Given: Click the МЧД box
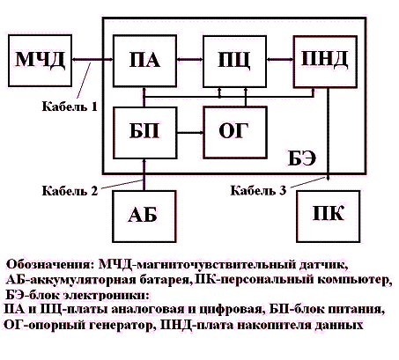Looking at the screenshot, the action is pos(40,61).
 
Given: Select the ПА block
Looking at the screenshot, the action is pos(144,61).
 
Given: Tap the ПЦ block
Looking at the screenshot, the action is pos(234,62).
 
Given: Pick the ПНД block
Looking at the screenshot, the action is pos(325,62).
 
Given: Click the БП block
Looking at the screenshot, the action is pos(145,133).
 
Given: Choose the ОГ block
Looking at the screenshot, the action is pos(235,133).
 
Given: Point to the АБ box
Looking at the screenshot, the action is pos(144,217).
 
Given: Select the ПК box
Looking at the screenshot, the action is pos(329,217).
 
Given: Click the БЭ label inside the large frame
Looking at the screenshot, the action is pos(302,158).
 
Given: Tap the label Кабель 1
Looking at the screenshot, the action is pos(70,107).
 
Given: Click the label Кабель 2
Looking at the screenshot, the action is pos(70,191).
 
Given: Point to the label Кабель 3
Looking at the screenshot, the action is pos(258,190).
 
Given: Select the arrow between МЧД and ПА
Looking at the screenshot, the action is pos(92,60).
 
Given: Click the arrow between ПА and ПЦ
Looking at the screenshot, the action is pos(190,60).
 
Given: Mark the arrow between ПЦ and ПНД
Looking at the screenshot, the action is pos(280,60).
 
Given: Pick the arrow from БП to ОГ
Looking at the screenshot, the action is pos(190,133).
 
